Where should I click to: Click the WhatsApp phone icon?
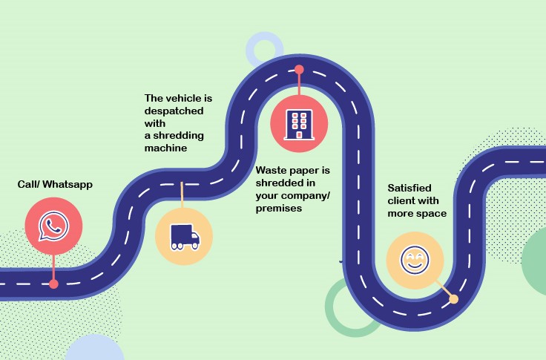(x=53, y=226)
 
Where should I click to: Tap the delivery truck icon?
(x=185, y=237)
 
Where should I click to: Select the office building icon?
(x=299, y=125)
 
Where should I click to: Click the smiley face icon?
(x=415, y=260)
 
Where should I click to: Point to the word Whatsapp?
(x=68, y=184)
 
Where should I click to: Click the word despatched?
(x=174, y=111)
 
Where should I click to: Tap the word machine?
(x=165, y=148)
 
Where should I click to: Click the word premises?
(x=279, y=209)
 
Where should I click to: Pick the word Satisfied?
(x=409, y=189)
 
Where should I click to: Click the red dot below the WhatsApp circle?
(x=53, y=284)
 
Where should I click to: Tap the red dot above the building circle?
(x=299, y=70)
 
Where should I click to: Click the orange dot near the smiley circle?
(x=454, y=299)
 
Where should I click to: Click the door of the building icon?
(x=299, y=134)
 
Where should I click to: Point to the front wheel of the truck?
(x=194, y=246)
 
